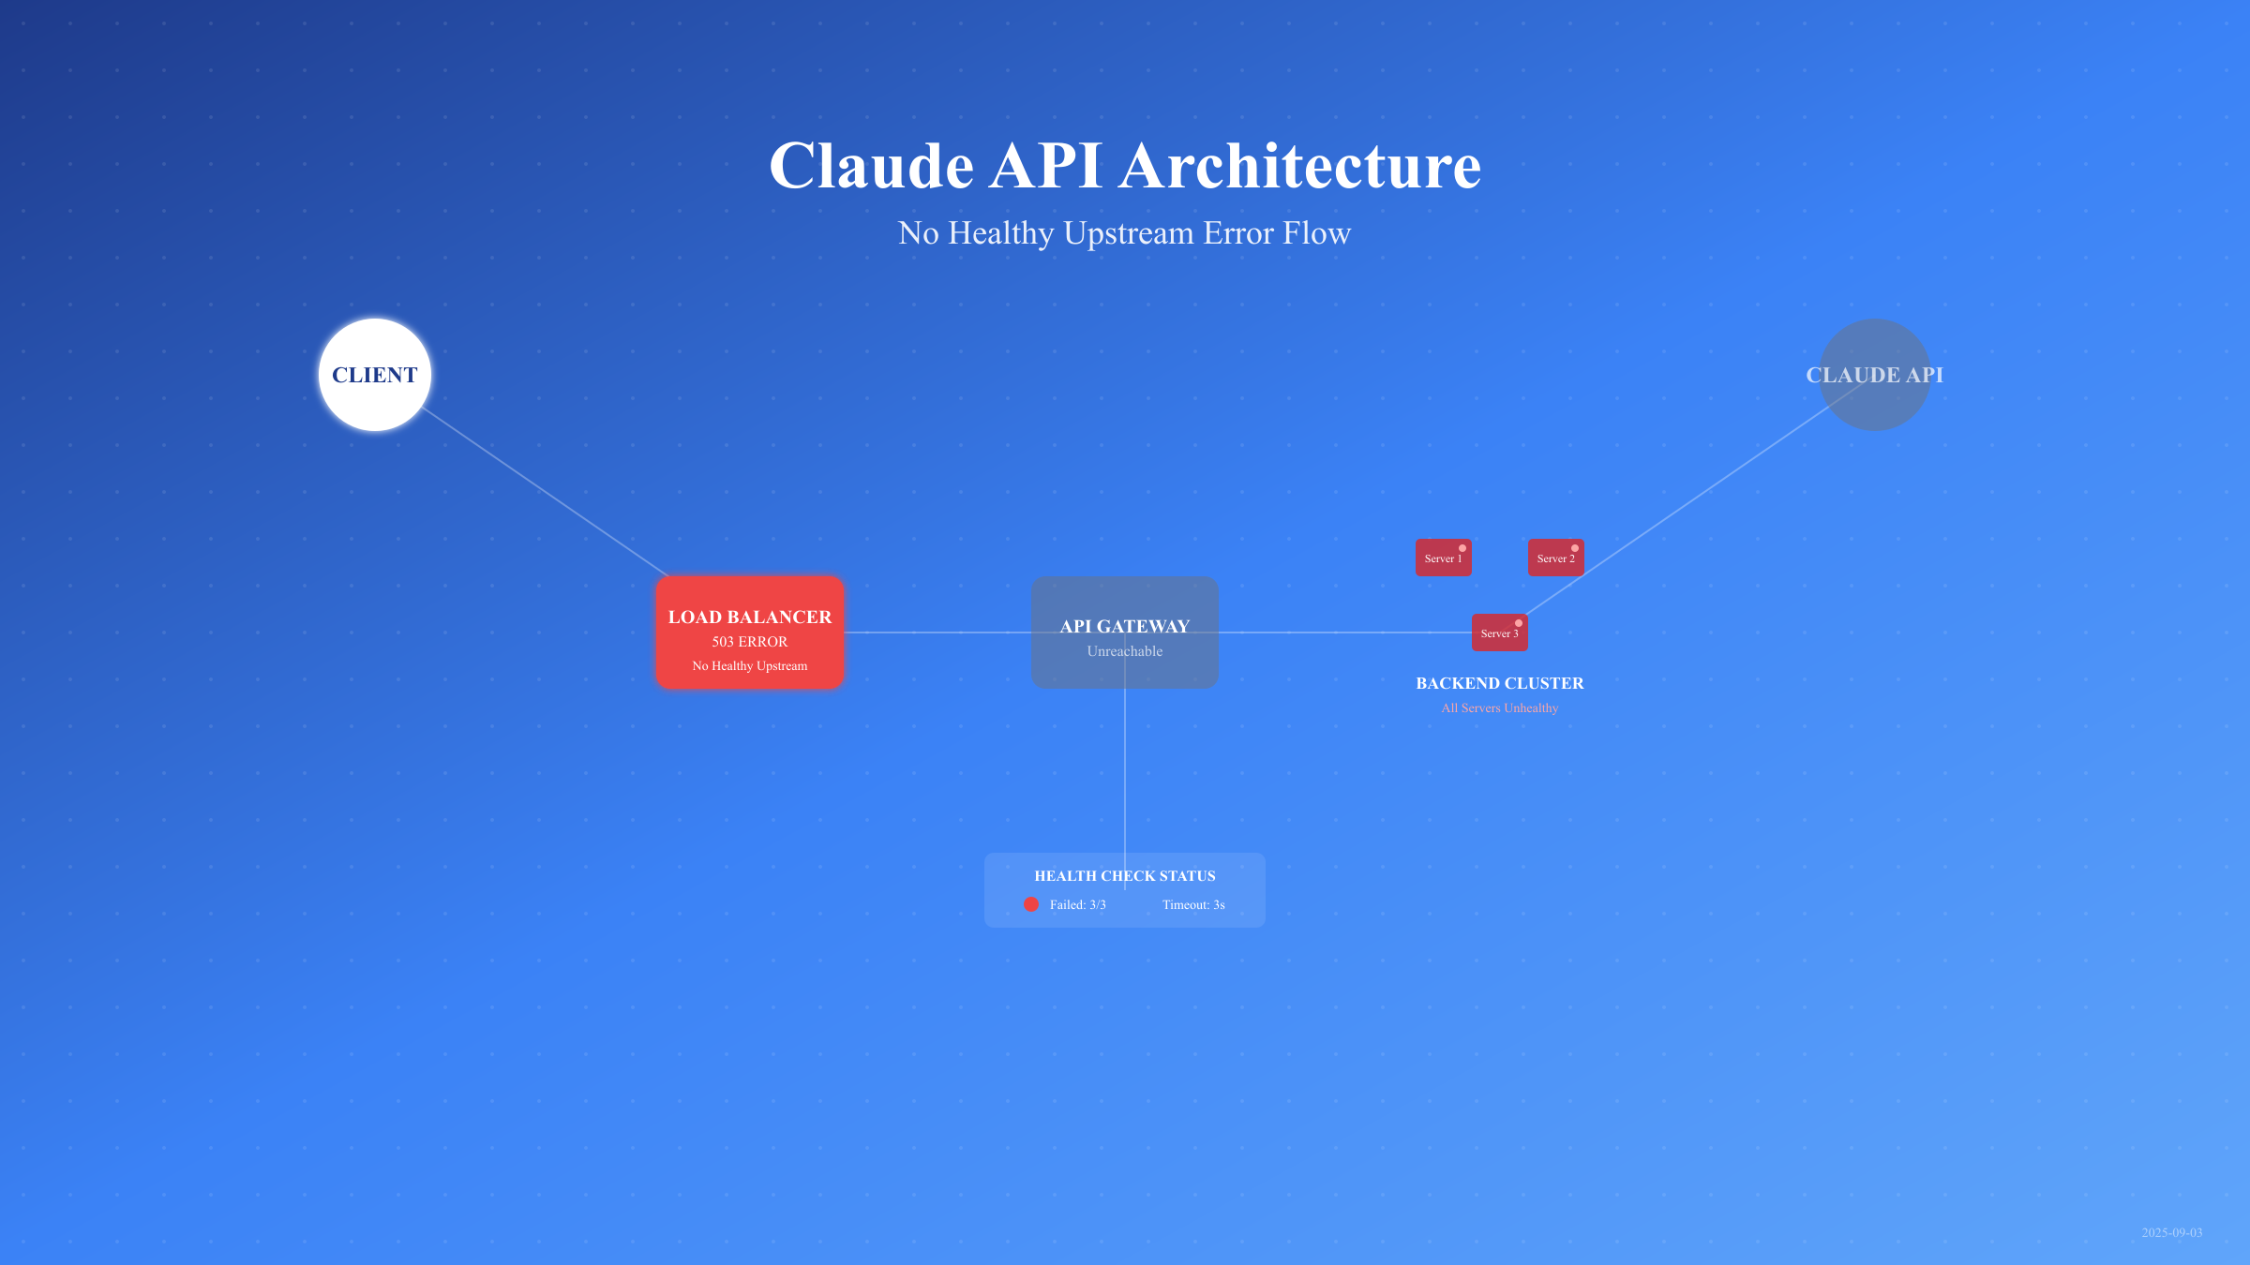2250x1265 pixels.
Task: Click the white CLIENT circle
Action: pos(375,375)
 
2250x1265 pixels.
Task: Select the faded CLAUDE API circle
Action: pos(1875,375)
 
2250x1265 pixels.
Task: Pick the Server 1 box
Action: pos(1443,558)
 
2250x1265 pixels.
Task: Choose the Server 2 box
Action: pos(1555,558)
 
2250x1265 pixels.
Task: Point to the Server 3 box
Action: pos(1499,633)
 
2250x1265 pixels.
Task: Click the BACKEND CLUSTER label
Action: pos(1500,683)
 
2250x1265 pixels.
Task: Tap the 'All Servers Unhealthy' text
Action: pos(1500,708)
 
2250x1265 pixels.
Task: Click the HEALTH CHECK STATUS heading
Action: pos(1125,876)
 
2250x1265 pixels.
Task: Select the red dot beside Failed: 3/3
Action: pos(1031,904)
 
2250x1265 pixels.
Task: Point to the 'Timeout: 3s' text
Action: pos(1193,905)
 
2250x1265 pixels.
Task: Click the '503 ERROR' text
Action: pos(750,642)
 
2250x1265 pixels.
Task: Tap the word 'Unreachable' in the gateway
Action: pos(1125,651)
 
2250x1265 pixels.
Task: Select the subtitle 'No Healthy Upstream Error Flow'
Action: pos(1125,232)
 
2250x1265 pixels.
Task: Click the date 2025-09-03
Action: pos(2171,1232)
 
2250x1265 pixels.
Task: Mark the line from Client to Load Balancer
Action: pos(544,492)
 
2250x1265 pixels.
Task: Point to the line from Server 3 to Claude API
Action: pos(1687,500)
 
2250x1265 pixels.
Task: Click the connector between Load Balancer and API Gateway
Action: pos(937,632)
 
